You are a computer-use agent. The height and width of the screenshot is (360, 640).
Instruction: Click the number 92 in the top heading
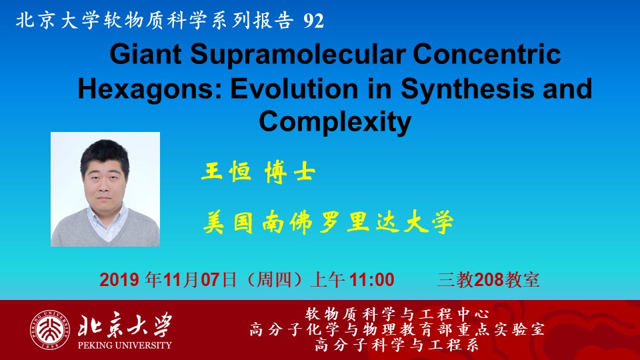click(313, 21)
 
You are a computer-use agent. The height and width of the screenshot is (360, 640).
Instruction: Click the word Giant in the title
click(145, 54)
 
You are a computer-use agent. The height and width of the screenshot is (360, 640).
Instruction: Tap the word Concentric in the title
click(487, 54)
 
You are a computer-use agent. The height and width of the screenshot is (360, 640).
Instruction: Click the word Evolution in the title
click(294, 89)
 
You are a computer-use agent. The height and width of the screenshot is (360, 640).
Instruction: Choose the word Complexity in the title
click(335, 123)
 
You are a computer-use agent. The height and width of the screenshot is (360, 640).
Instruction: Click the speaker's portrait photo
click(105, 189)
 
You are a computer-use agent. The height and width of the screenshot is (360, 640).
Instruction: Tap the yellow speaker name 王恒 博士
click(259, 171)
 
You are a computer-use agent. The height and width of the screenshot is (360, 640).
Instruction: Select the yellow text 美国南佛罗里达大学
click(328, 223)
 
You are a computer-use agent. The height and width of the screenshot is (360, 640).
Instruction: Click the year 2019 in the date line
click(119, 280)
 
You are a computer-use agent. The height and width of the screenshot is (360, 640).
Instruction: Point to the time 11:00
click(372, 280)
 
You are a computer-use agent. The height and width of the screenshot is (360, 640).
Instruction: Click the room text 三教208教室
click(489, 280)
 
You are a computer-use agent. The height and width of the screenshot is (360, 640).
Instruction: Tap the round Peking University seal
click(49, 330)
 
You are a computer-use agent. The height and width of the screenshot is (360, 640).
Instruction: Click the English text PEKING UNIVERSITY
click(125, 345)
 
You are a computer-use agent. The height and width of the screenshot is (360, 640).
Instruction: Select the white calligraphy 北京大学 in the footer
click(125, 325)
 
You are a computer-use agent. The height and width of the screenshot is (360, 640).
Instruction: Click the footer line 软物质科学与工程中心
click(397, 314)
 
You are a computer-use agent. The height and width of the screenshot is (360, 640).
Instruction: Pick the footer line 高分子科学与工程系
click(397, 345)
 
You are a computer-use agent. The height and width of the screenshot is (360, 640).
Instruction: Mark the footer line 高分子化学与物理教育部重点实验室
click(397, 329)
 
